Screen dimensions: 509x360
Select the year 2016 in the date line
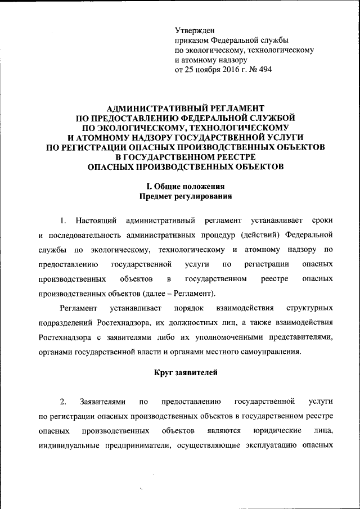(227, 70)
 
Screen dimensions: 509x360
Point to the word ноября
(206, 70)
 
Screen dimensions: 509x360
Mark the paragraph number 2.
(63, 402)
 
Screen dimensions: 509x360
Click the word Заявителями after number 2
(98, 402)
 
